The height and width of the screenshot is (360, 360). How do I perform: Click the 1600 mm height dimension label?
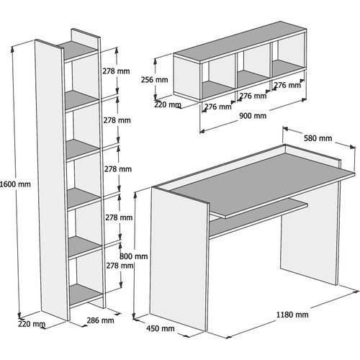(x=15, y=184)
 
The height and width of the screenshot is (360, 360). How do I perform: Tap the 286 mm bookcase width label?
(x=100, y=320)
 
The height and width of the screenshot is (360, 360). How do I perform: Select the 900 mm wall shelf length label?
(x=253, y=116)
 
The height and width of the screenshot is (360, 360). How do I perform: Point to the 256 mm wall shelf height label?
(x=154, y=80)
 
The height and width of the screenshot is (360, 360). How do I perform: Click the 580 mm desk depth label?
(x=318, y=138)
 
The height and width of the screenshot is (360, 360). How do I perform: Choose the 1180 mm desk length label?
(x=292, y=315)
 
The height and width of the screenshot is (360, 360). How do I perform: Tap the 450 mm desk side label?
(x=161, y=328)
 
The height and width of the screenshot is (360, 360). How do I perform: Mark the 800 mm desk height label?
(x=134, y=256)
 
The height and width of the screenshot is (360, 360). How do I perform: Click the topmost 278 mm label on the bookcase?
(x=116, y=71)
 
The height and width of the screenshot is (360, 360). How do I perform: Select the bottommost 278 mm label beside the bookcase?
(x=120, y=266)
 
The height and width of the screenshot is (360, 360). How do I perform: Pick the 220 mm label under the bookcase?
(x=32, y=324)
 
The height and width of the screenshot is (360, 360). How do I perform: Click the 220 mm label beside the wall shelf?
(x=168, y=104)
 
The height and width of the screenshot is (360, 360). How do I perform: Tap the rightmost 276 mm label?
(x=287, y=85)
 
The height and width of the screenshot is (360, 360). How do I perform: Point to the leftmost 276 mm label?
(x=218, y=107)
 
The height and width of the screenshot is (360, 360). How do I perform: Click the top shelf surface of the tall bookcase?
(x=77, y=50)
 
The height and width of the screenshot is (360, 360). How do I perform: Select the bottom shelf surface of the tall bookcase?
(x=86, y=294)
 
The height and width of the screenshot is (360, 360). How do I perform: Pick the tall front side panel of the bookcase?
(x=51, y=180)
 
